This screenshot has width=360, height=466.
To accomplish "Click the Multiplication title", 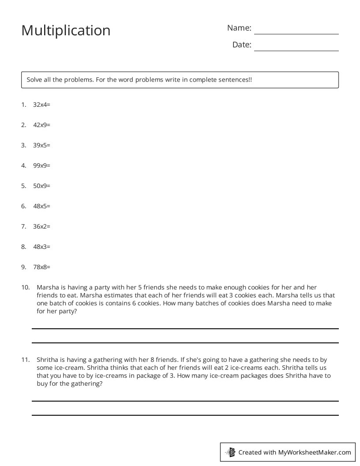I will [66, 30].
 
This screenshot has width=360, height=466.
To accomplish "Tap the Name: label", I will [239, 28].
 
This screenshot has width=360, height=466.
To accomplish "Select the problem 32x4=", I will [41, 105].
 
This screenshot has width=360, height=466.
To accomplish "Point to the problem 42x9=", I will [41, 125].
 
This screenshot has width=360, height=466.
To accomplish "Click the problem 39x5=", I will [41, 145].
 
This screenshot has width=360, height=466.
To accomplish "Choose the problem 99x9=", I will [41, 165].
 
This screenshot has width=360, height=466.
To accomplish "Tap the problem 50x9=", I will [41, 186].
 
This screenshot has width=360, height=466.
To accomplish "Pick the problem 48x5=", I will [41, 206].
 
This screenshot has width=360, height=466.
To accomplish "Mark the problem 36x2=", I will [41, 226].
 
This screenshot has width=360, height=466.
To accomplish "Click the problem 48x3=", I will [41, 247].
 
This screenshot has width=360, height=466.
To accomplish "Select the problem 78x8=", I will [41, 267].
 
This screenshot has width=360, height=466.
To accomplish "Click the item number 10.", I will [25, 287].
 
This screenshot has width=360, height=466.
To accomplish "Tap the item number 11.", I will [25, 360].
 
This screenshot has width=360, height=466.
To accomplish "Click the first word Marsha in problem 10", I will [47, 287].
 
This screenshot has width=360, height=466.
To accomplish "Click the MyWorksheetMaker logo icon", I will [230, 452].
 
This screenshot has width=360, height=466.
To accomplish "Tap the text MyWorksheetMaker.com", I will [315, 452].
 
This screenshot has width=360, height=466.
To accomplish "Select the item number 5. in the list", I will [23, 186].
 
